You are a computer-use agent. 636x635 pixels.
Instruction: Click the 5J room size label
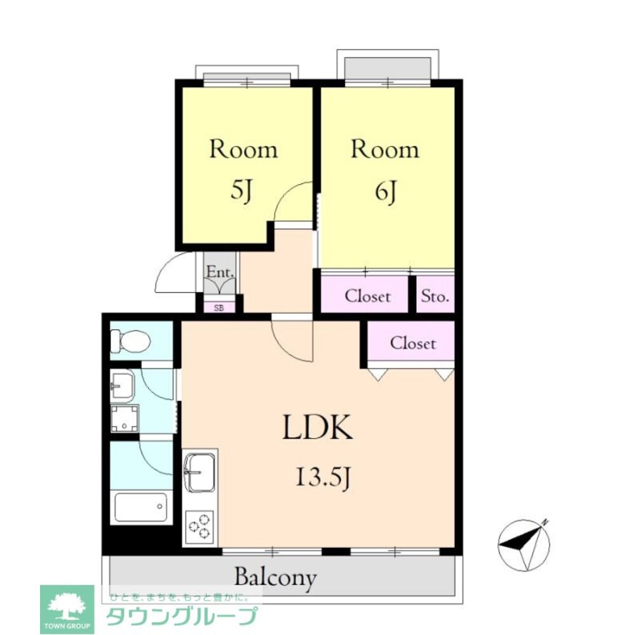(x=241, y=191)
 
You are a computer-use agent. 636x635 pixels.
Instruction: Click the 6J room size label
(x=385, y=192)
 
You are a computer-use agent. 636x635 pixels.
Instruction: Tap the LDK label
(x=317, y=427)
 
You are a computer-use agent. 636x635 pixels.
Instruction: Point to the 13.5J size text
(x=323, y=478)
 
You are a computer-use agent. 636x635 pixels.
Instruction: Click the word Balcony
(x=275, y=577)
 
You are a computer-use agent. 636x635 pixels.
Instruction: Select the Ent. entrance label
(x=220, y=272)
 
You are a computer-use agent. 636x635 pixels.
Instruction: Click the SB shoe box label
(x=219, y=308)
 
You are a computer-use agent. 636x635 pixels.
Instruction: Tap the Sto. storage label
(x=435, y=297)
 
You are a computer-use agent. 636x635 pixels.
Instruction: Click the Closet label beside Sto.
(x=367, y=297)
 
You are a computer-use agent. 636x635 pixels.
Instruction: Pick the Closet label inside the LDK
(x=413, y=344)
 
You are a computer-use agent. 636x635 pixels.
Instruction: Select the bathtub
(x=141, y=507)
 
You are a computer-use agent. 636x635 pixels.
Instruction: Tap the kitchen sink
(x=200, y=472)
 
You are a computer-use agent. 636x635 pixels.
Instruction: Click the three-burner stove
(x=200, y=526)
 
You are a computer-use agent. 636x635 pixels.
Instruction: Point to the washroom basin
(x=122, y=385)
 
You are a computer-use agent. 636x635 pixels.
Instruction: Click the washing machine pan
(x=125, y=418)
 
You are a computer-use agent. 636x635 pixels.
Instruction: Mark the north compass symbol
(x=524, y=545)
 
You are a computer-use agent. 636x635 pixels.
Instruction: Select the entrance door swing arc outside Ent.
(x=172, y=270)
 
